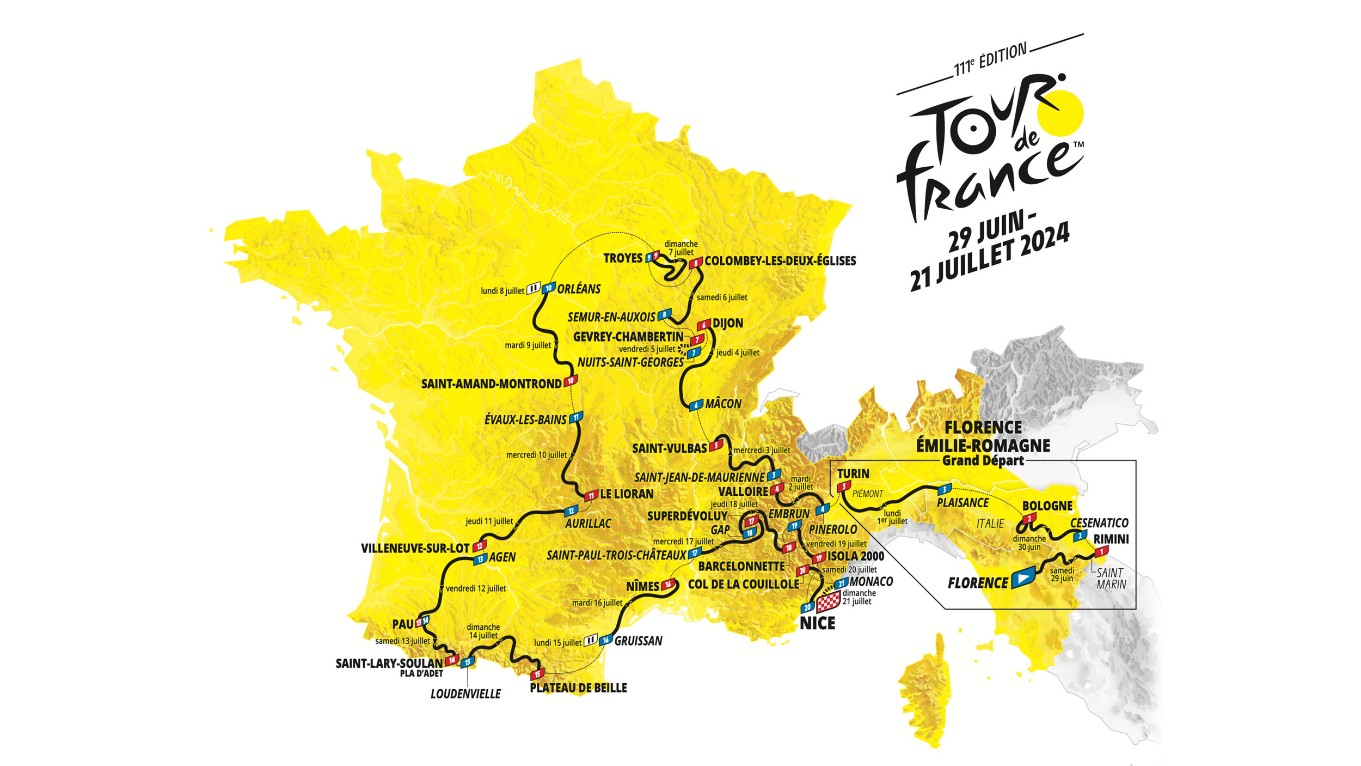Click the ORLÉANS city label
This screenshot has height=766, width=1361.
pos(579,289)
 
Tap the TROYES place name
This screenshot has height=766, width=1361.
pos(623,258)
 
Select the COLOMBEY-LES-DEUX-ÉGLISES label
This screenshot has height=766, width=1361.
pos(780,261)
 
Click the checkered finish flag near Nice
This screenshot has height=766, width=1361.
pos(829,603)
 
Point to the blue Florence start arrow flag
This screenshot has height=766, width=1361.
pos(1023,577)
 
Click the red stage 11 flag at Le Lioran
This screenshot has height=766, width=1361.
pos(591,496)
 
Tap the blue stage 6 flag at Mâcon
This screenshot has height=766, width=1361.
pos(696,405)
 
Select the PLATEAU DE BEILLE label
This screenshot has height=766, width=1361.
pos(578,688)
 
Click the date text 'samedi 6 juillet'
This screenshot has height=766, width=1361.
pos(722,297)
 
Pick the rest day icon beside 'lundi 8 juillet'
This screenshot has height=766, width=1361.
pos(533,288)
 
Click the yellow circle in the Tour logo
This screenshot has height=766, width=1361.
pos(1060,113)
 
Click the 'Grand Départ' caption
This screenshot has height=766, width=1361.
pos(983,461)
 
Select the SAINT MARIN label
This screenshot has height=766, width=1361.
pos(1111,579)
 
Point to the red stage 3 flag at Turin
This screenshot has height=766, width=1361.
pos(844,486)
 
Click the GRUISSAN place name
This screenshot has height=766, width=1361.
pos(638,641)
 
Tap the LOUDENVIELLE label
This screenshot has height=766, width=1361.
pos(465,694)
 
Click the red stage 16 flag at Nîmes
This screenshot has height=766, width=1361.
pos(668,585)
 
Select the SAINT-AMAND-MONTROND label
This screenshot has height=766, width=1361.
pos(491,384)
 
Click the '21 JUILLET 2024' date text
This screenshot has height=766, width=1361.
pos(990,256)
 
